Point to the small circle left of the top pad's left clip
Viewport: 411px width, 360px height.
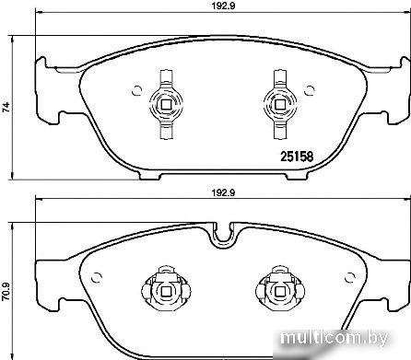click(x=137, y=90)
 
